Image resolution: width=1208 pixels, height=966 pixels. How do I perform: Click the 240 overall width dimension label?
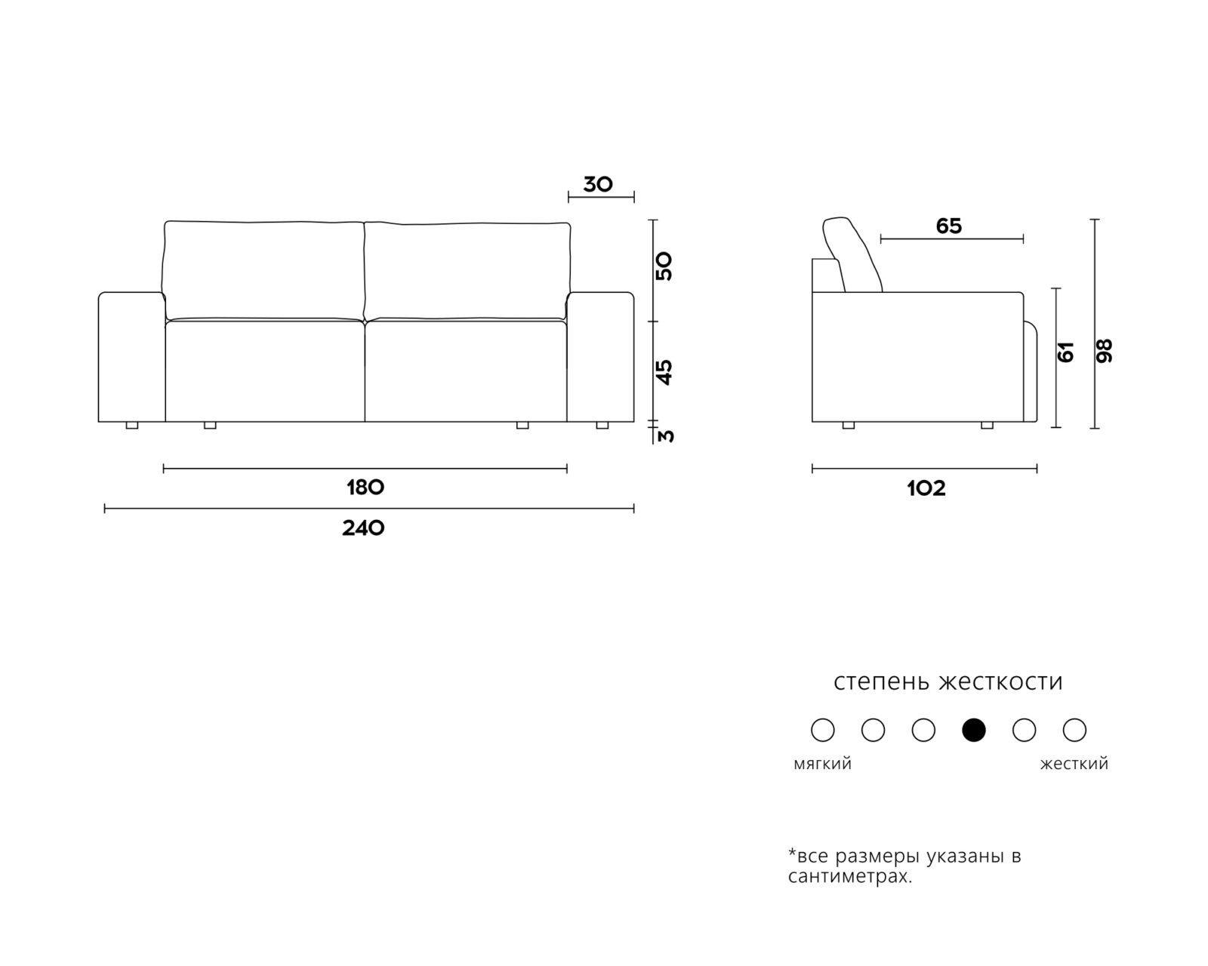coord(363,528)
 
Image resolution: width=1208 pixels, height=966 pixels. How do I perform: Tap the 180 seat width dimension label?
coord(365,488)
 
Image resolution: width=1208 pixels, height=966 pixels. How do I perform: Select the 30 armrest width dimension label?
coord(598,184)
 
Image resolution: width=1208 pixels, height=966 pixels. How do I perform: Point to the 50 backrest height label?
coord(664,266)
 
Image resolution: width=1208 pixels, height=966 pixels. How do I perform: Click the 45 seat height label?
coord(664,372)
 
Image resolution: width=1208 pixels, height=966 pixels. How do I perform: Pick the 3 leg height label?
coord(666,436)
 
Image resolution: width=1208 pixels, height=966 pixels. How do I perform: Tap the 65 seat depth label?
coord(949,226)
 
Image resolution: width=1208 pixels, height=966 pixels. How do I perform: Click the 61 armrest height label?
coord(1065,352)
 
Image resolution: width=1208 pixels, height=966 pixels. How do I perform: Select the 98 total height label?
coord(1104,351)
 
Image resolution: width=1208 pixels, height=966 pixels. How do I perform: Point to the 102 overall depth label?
coord(926,488)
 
